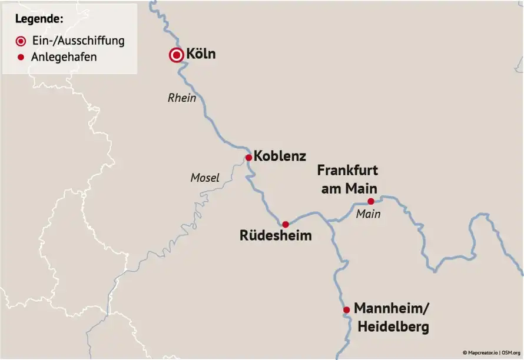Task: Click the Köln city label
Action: coord(201,55)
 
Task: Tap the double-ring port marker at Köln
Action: coord(175,55)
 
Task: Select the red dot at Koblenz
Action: coord(248,157)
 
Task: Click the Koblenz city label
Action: coord(280,156)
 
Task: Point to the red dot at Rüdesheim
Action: coord(286,224)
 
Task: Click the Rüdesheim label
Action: coord(276,236)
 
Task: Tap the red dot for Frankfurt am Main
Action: coord(371,201)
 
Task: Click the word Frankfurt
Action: coord(347,171)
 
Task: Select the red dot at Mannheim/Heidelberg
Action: coord(347,310)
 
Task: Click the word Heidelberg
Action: coord(391,326)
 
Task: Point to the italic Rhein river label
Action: coord(182,98)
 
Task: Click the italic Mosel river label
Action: coord(205,177)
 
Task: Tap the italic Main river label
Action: coord(368,214)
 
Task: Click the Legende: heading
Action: coord(39,19)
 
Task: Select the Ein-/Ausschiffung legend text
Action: coord(78,41)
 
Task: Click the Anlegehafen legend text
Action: coord(65,57)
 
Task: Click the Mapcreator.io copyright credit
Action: coord(480,352)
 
